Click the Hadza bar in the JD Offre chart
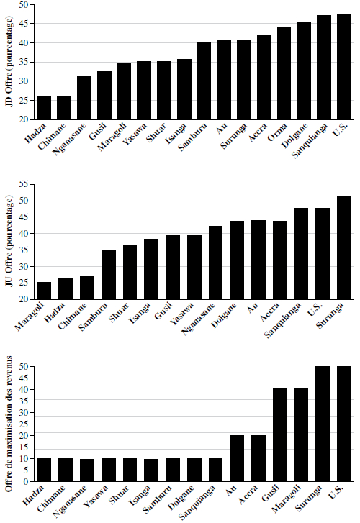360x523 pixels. coord(44,108)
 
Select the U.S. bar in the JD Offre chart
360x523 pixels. coord(344,67)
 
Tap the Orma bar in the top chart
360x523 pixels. coord(284,73)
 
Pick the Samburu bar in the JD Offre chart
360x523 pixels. coord(204,81)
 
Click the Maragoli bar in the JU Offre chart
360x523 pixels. coord(44,291)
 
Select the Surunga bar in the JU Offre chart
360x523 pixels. coord(344,248)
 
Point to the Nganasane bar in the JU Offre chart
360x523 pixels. coord(216,263)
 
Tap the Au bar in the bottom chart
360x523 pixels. coord(237,458)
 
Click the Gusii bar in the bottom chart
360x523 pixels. coord(280,435)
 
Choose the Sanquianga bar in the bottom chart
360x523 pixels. coord(216,470)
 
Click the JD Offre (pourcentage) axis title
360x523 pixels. coord(9,61)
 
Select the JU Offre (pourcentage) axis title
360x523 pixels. coord(9,240)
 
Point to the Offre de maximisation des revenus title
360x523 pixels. coord(9,424)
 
